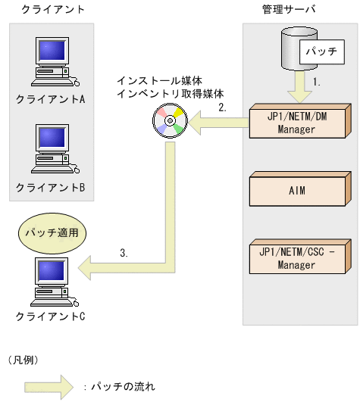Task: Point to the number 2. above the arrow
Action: coord(222,107)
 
